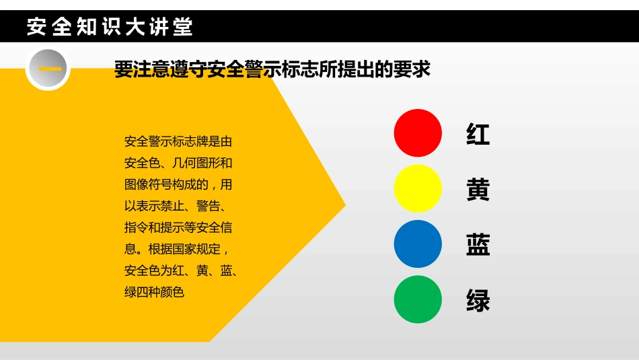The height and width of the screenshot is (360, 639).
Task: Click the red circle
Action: [x=418, y=133]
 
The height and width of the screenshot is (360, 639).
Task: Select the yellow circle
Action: [x=418, y=188]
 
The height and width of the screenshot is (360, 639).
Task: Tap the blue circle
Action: [x=418, y=244]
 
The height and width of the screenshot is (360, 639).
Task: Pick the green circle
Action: [x=418, y=299]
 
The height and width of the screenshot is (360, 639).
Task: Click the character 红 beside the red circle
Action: [x=478, y=135]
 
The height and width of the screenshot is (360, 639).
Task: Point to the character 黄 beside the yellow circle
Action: [x=478, y=190]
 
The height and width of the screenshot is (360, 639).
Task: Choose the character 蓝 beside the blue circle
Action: [x=478, y=245]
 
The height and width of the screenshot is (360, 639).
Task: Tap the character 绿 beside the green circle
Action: [x=478, y=301]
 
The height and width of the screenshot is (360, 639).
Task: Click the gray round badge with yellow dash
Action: [x=48, y=69]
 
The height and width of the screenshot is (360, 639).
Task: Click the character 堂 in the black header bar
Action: [x=182, y=27]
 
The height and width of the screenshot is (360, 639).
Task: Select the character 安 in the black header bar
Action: [x=37, y=27]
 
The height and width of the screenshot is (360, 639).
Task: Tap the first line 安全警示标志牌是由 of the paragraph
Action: [x=178, y=142]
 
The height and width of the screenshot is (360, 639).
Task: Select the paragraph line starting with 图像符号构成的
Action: [x=178, y=184]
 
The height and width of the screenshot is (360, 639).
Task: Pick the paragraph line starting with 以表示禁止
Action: [x=178, y=206]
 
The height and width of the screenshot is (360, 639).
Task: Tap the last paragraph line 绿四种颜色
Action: [x=154, y=292]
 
